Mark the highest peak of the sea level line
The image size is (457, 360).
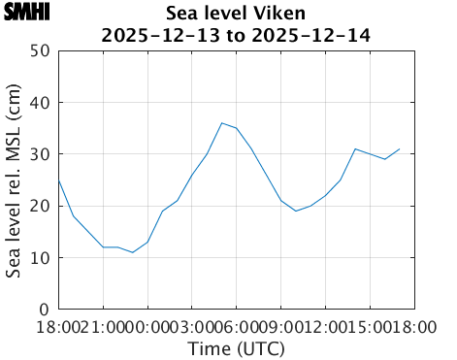(221, 123)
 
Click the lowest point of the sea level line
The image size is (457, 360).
(133, 252)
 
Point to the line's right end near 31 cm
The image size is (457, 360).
(399, 148)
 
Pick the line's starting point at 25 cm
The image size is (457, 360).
(59, 180)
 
